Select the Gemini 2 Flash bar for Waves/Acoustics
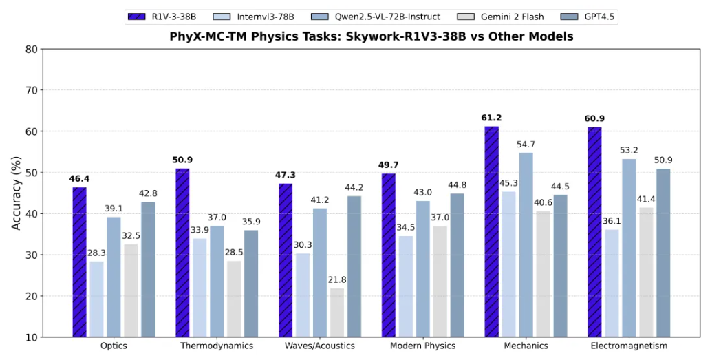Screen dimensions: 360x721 337,313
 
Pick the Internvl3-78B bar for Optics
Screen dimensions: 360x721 96,299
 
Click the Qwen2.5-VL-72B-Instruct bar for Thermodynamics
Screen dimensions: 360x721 217,282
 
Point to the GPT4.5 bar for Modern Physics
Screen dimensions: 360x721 458,265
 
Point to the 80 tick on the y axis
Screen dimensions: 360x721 31,49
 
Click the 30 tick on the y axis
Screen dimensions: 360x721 31,255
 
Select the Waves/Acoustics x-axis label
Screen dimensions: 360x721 320,346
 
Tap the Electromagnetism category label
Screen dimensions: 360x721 629,346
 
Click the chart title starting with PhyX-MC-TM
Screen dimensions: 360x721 371,36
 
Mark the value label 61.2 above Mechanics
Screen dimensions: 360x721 492,118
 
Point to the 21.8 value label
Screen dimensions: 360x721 337,280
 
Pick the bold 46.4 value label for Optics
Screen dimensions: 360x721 79,179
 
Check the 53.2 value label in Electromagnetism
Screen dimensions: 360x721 629,151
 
